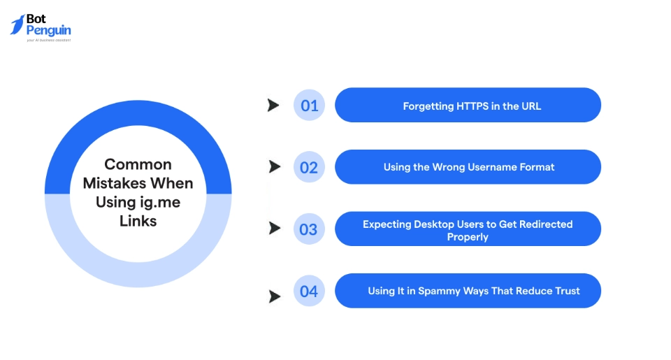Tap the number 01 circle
309,106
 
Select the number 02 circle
309,167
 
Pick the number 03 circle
309,229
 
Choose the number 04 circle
309,291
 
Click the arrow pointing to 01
273,106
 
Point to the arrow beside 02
275,167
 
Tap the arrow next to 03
275,229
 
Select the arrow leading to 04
275,296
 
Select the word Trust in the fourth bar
565,291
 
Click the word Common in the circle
138,164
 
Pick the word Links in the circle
138,221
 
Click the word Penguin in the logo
48,31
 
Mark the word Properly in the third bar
468,237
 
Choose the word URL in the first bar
531,106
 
